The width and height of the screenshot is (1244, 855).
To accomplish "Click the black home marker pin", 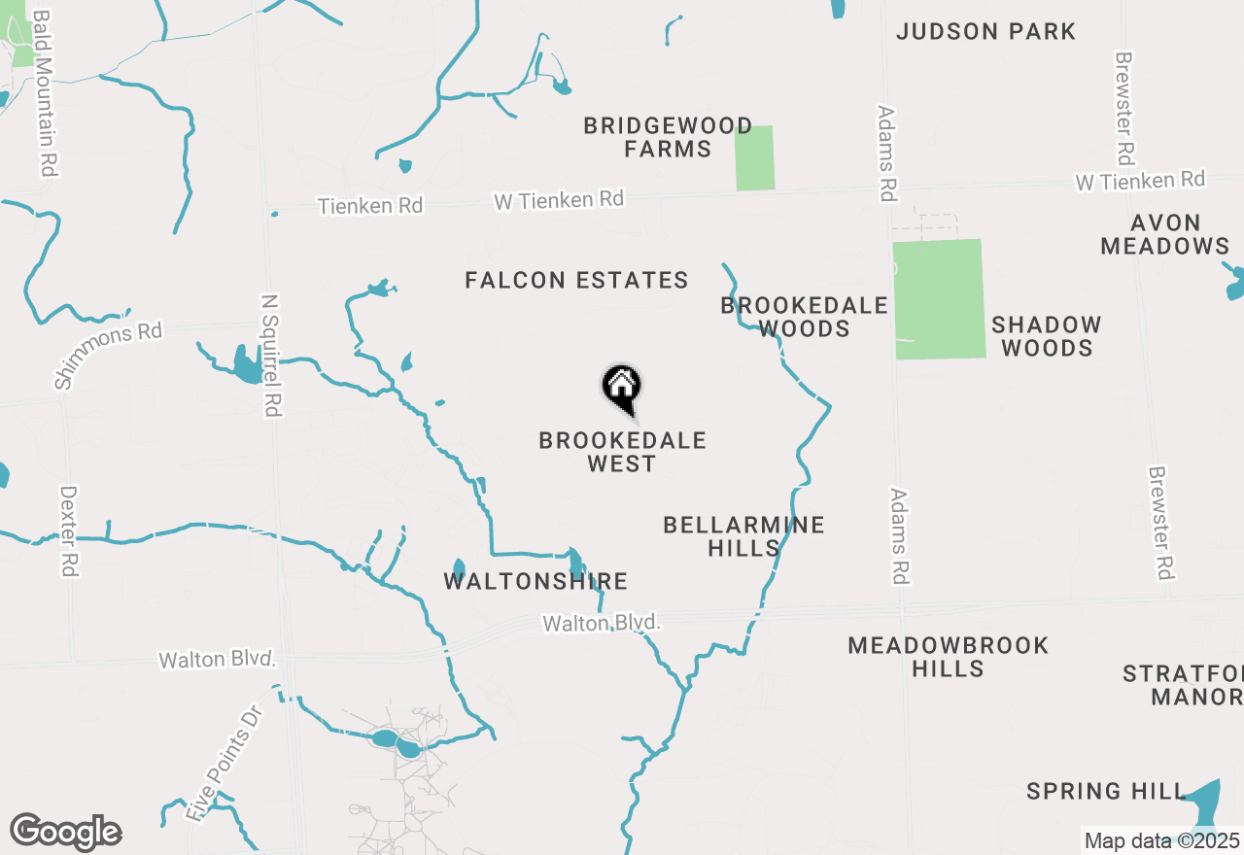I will click(x=622, y=388).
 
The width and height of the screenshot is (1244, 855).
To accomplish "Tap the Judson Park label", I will click(x=985, y=31).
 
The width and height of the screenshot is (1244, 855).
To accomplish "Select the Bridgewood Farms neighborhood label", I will click(x=668, y=138).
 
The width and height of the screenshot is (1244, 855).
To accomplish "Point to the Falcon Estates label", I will click(x=576, y=281).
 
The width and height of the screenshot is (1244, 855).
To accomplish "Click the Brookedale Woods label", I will click(x=804, y=317).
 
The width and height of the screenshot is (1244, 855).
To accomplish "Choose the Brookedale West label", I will click(x=622, y=452).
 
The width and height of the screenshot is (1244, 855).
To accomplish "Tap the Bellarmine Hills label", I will click(x=743, y=536).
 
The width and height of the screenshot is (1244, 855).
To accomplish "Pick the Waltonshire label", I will click(x=536, y=582).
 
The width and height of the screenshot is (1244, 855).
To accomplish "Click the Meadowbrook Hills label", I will click(x=948, y=657).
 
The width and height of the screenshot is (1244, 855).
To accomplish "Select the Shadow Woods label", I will click(x=1046, y=336).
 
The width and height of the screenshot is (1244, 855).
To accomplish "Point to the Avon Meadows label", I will click(x=1164, y=234).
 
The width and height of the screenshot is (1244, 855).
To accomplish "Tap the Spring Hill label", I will click(x=1106, y=792).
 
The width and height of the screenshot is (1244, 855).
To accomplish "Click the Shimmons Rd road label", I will click(x=108, y=356).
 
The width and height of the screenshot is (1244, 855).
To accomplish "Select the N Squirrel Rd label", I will click(x=271, y=355).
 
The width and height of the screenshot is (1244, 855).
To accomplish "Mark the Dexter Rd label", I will click(x=68, y=531).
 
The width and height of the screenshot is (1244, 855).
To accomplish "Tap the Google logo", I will click(x=65, y=833).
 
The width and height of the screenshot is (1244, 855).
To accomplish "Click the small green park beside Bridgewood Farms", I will click(x=754, y=157).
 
